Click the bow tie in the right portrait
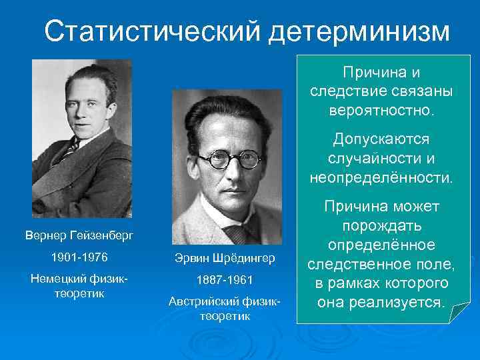[235, 233]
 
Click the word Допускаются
[381, 140]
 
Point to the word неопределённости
[381, 177]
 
